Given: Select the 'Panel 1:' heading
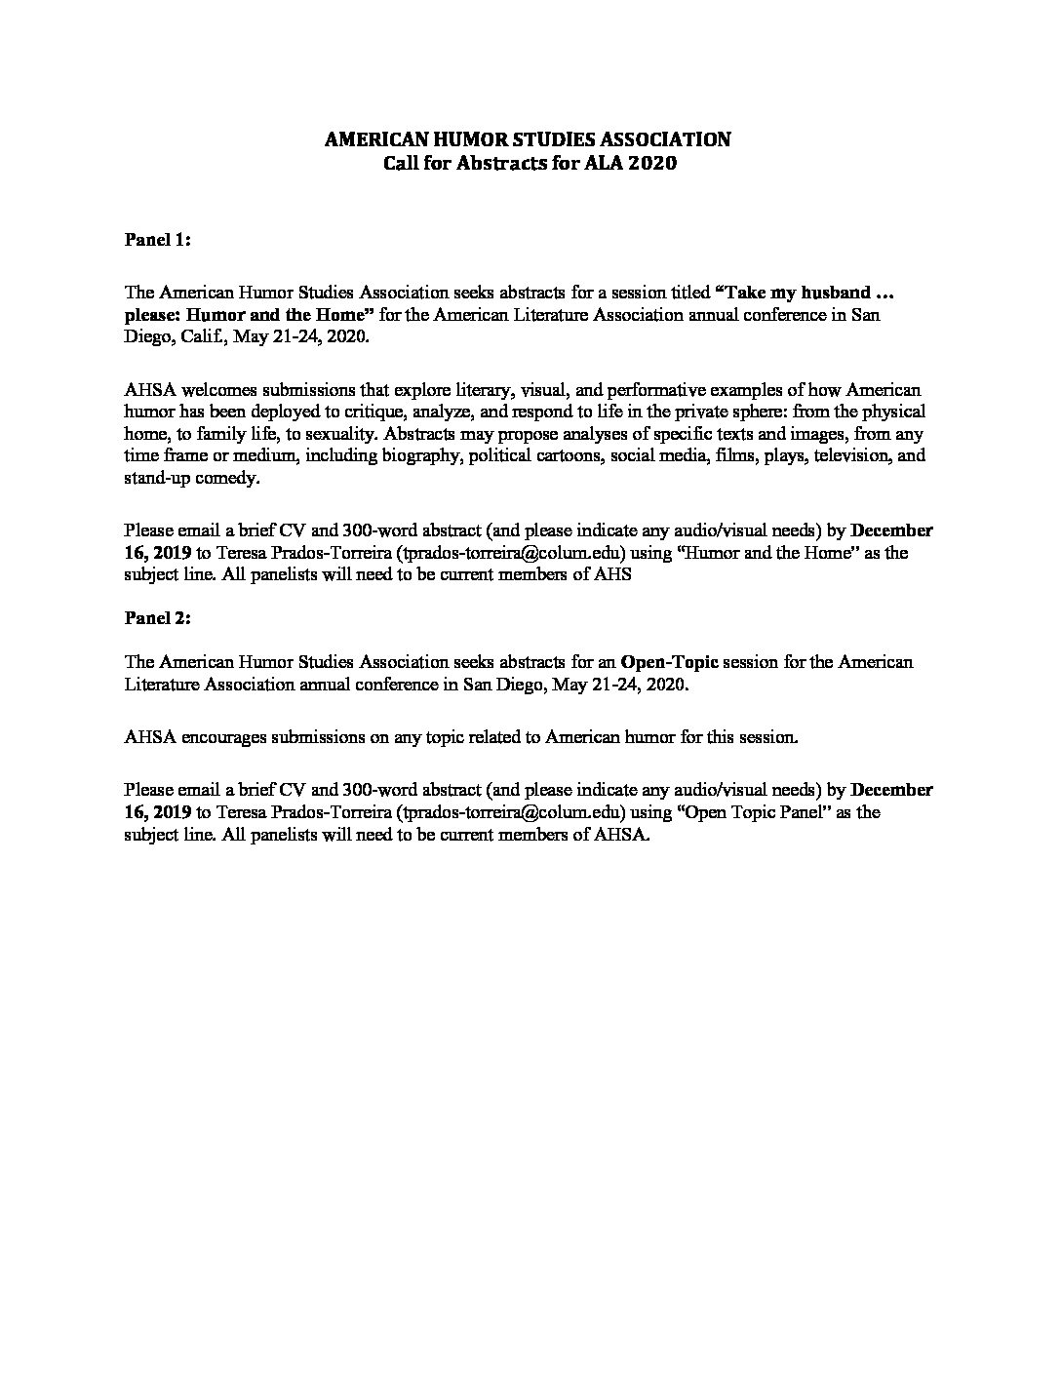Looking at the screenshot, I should click(157, 240).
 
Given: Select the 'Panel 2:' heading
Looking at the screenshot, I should click(157, 617).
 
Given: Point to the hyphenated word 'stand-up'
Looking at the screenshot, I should click(158, 478).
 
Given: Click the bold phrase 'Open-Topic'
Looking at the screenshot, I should click(669, 662).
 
